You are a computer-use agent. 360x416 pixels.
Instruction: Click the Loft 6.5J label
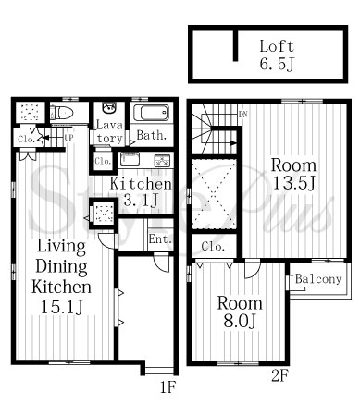click(277, 55)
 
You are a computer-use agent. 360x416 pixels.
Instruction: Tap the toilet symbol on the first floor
click(61, 113)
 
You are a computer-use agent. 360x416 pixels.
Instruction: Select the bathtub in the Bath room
click(151, 113)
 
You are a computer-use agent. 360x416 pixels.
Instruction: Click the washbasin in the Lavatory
click(109, 108)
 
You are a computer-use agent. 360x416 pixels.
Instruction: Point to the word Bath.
click(152, 135)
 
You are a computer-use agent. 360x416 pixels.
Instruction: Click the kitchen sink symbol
click(130, 159)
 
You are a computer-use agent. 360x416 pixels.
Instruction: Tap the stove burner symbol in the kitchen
click(162, 160)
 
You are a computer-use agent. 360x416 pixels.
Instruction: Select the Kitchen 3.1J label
click(141, 191)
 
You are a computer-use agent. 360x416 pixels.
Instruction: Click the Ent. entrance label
click(160, 239)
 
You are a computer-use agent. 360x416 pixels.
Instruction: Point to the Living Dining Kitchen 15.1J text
click(61, 276)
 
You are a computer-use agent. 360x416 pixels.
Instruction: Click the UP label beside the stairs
click(68, 138)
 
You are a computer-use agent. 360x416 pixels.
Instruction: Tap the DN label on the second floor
click(243, 115)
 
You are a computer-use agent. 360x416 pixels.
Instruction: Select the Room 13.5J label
click(293, 175)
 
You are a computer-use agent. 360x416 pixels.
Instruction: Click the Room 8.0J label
click(240, 312)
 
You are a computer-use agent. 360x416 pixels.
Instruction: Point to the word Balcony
click(318, 279)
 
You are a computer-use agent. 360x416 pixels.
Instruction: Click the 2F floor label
click(280, 376)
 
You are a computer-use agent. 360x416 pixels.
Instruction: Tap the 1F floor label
click(168, 386)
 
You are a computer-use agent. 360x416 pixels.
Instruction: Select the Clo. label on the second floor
click(213, 247)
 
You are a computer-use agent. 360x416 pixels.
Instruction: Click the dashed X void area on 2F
click(214, 194)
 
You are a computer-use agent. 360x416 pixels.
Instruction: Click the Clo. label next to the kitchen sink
click(103, 161)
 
